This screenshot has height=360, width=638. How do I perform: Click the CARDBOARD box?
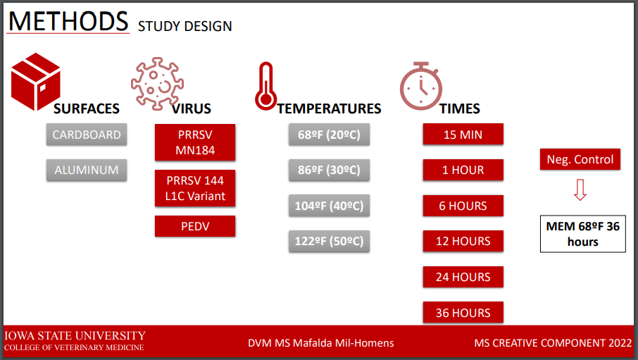pos(86,135)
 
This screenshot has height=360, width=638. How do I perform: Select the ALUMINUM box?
pos(86,170)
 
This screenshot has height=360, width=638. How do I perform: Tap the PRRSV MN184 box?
pos(195,142)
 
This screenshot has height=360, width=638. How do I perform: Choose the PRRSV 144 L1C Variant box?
pos(195,188)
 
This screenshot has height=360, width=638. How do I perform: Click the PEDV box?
pos(195,226)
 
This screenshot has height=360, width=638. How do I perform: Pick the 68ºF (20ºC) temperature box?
pos(329,135)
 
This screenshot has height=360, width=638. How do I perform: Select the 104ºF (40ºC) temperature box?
pos(329,206)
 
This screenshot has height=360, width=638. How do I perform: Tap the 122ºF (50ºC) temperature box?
pos(329,241)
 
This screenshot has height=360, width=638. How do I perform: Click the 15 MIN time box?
pos(463,134)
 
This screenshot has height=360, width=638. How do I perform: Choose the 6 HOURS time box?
pos(463,206)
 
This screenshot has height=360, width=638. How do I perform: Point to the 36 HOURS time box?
pos(463,312)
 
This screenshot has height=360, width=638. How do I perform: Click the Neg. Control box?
pos(580,159)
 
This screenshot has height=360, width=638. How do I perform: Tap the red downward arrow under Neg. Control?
pos(580,190)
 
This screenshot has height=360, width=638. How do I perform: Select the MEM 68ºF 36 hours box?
pos(583,234)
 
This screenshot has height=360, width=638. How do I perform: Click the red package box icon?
pos(36,82)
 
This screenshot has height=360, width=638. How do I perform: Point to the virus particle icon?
pos(157,84)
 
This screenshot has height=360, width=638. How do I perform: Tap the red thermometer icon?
pos(265,86)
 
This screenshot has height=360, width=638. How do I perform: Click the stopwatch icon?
pos(420,86)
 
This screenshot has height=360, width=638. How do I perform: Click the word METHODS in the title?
pos(68,21)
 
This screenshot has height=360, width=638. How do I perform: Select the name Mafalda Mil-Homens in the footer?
pos(343,343)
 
